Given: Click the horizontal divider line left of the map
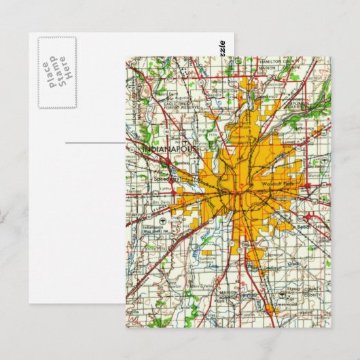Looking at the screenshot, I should coord(95,143).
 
